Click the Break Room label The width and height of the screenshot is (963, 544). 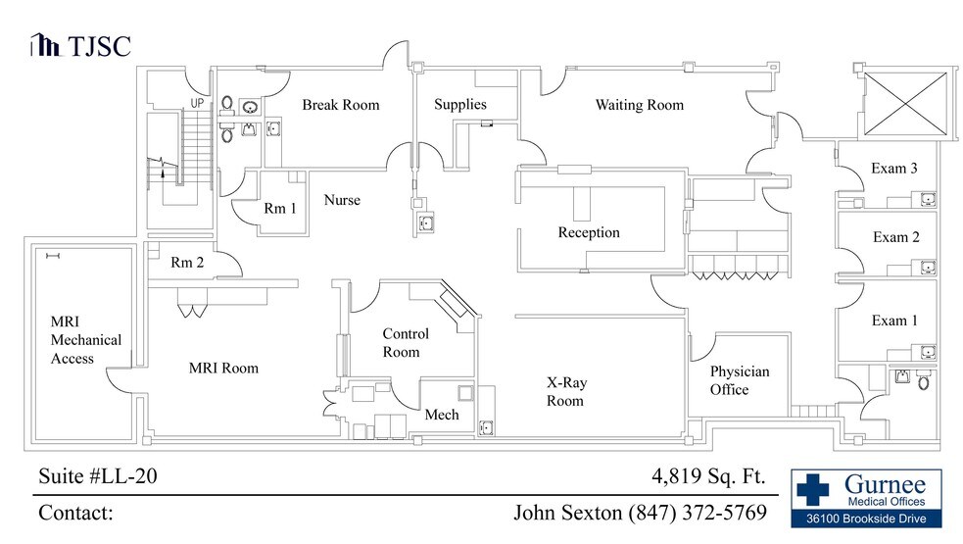pyautogui.click(x=340, y=105)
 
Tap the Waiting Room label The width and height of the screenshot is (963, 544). pyautogui.click(x=639, y=105)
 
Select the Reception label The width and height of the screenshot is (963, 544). pyautogui.click(x=589, y=232)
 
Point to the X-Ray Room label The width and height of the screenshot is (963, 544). pyautogui.click(x=566, y=392)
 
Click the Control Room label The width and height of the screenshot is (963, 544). pyautogui.click(x=406, y=343)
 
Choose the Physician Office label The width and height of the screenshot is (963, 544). pyautogui.click(x=740, y=380)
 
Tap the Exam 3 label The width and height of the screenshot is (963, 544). pyautogui.click(x=893, y=169)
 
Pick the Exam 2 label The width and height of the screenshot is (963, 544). pyautogui.click(x=895, y=237)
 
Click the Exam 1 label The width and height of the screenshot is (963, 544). pyautogui.click(x=895, y=321)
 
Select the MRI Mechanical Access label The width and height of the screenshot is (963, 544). pyautogui.click(x=86, y=340)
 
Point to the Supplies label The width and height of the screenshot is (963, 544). pyautogui.click(x=460, y=105)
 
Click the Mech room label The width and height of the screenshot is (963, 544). pyautogui.click(x=442, y=415)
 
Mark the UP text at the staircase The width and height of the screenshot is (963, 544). pyautogui.click(x=197, y=103)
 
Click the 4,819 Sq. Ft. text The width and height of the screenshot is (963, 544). pyautogui.click(x=707, y=477)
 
